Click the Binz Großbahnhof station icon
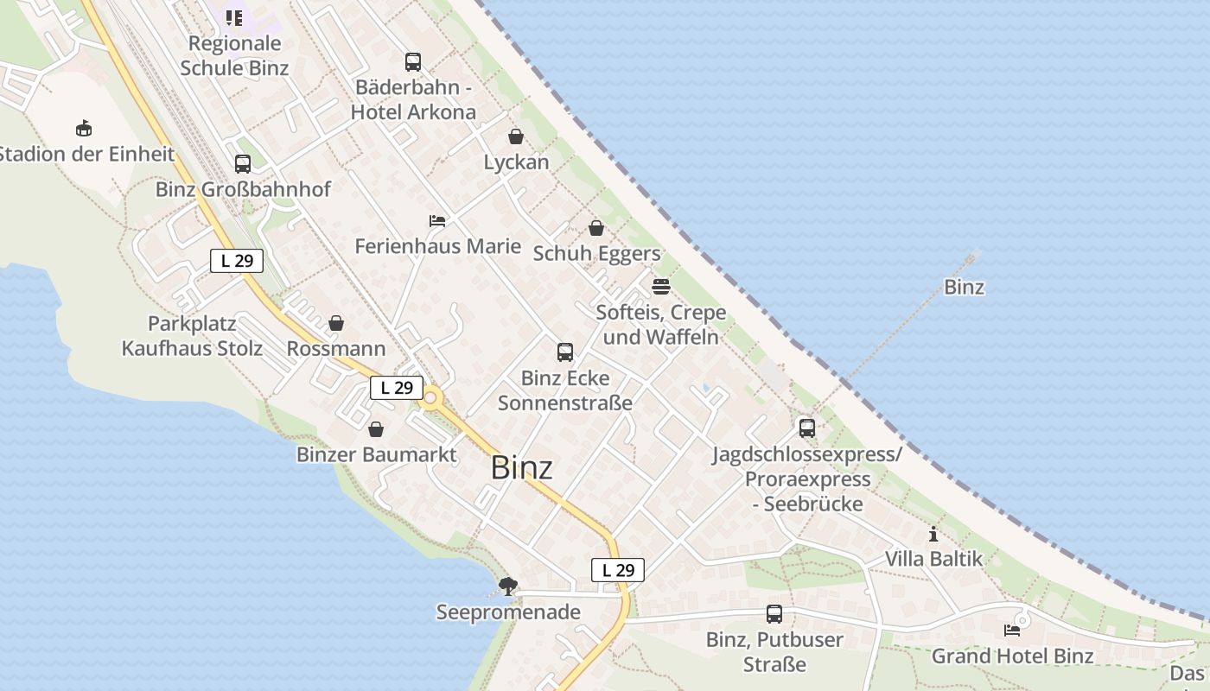(243, 164)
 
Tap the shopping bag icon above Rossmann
(336, 323)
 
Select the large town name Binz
(521, 467)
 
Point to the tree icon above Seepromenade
(508, 586)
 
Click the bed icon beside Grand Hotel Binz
(1012, 631)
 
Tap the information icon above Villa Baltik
(933, 534)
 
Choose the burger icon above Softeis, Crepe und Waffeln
(661, 287)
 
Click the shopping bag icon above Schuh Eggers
(596, 228)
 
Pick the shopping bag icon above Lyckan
(516, 136)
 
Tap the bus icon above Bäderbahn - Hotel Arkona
(413, 62)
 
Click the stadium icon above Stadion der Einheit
(84, 129)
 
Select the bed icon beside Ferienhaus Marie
(437, 221)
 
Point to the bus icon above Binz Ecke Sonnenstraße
(565, 352)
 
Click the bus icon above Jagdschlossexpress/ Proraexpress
(807, 428)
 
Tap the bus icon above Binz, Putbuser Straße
(774, 614)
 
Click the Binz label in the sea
(964, 287)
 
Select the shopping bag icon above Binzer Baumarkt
(376, 429)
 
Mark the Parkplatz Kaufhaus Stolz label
(192, 336)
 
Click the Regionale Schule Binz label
(234, 55)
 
